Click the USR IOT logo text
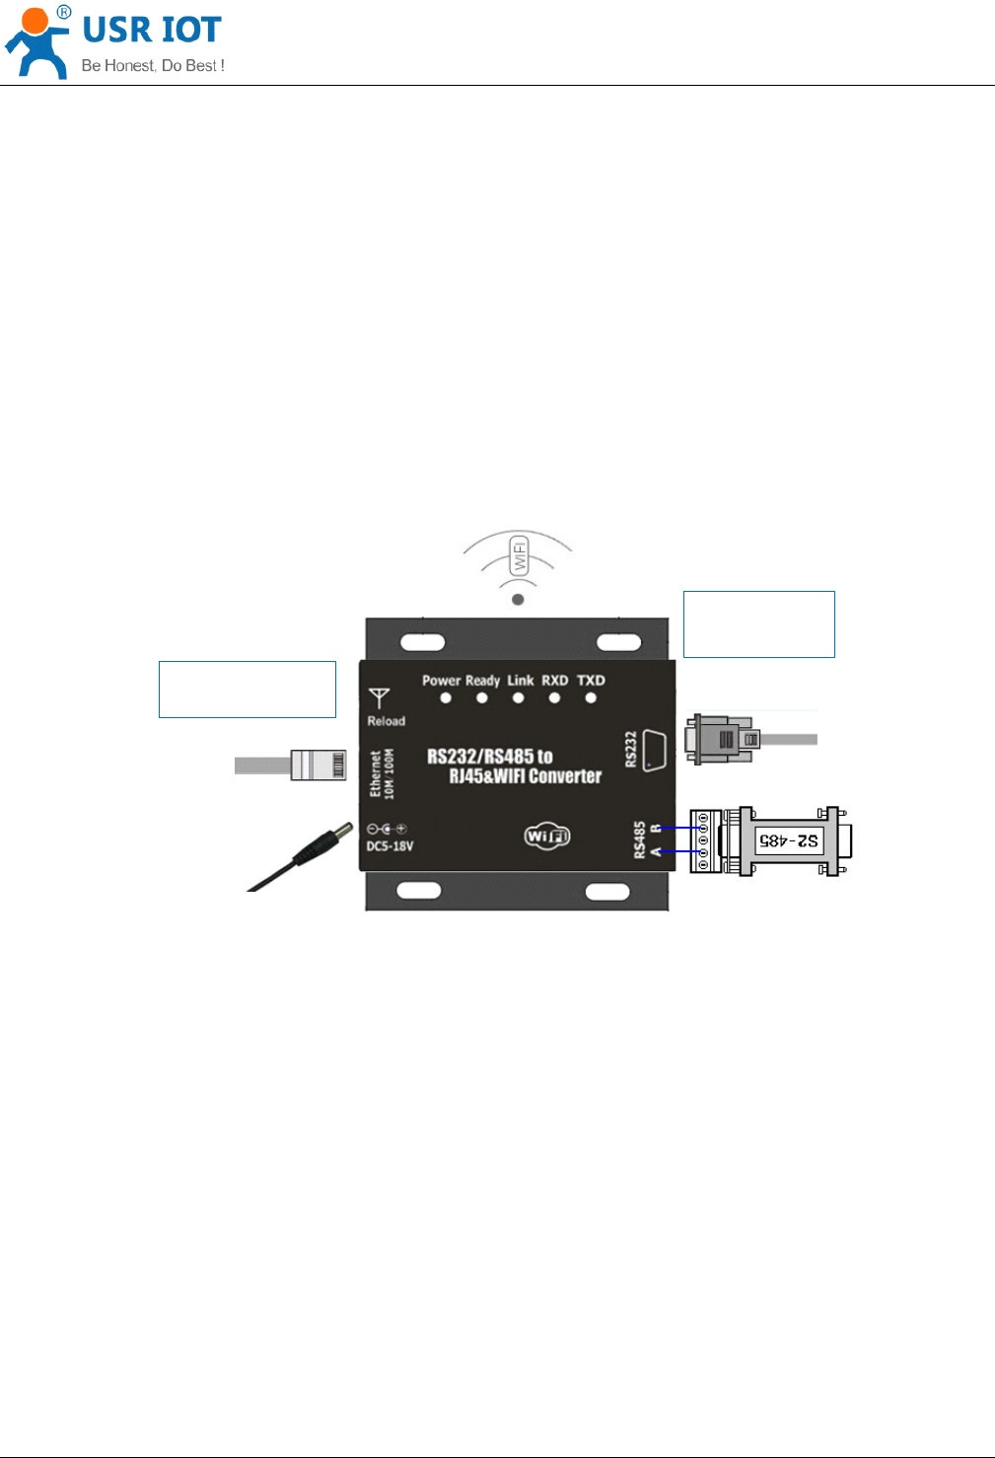coord(151,31)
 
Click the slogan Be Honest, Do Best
coord(153,66)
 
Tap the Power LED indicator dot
coord(446,698)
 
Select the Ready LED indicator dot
coord(482,698)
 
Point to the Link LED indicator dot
coord(519,698)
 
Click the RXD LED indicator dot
coord(554,698)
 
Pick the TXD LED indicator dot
coord(591,698)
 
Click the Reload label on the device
coord(386,721)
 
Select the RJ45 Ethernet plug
coord(318,765)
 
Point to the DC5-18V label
coord(390,846)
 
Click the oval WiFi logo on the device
coord(547,837)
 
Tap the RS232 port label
coord(631,749)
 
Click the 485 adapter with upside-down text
coord(789,840)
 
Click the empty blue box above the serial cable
coord(758,623)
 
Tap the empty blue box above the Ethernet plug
coord(247,689)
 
